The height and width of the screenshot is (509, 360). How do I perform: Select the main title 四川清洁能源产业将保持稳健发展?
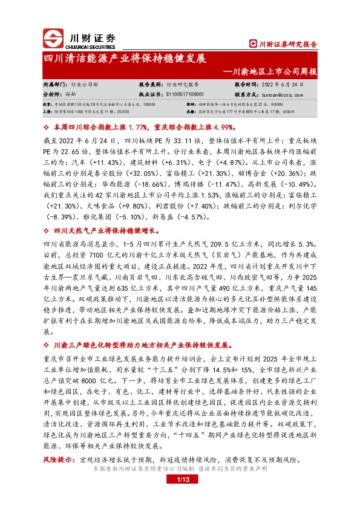[125, 59]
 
